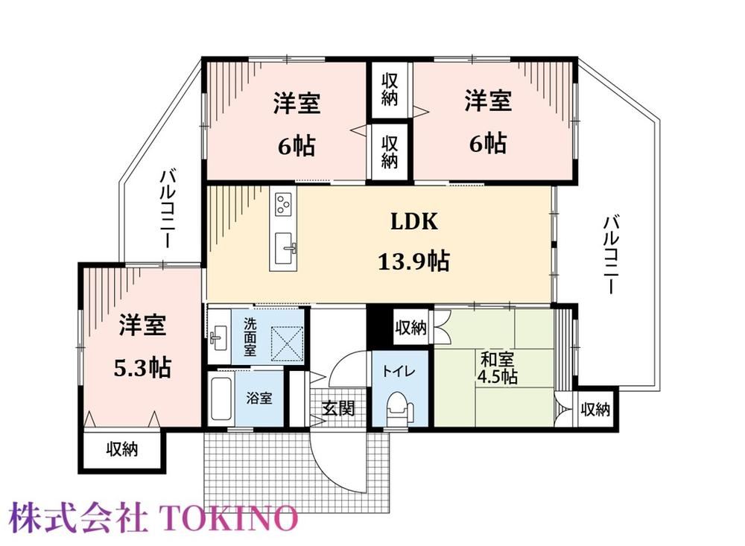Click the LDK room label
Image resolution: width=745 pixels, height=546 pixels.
pyautogui.click(x=413, y=221)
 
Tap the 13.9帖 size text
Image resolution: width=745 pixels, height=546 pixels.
pyautogui.click(x=413, y=261)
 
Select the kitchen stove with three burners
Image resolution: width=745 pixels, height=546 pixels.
pyautogui.click(x=284, y=204)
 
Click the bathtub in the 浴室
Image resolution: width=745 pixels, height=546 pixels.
pyautogui.click(x=221, y=399)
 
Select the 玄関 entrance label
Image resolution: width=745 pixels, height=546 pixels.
pyautogui.click(x=337, y=408)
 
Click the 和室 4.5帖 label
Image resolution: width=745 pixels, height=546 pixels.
pyautogui.click(x=497, y=367)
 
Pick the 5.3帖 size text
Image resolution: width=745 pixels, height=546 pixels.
pyautogui.click(x=142, y=367)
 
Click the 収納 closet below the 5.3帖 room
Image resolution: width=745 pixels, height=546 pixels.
pyautogui.click(x=122, y=449)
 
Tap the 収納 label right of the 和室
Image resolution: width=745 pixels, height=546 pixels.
pyautogui.click(x=595, y=409)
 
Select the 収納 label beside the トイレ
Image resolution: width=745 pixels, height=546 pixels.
pyautogui.click(x=411, y=328)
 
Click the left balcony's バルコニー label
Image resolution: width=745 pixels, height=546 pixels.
pyautogui.click(x=167, y=209)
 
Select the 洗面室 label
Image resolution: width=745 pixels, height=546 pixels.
pyautogui.click(x=250, y=337)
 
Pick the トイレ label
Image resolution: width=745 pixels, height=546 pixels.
pyautogui.click(x=399, y=371)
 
